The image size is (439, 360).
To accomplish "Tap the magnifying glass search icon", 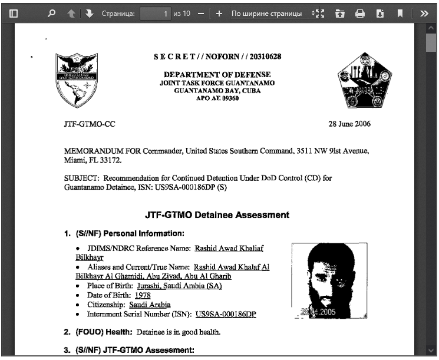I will (51, 13).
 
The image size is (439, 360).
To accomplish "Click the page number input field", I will (156, 13).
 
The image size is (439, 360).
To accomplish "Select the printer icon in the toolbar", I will (359, 13).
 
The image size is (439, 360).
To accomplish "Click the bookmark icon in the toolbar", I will (400, 13).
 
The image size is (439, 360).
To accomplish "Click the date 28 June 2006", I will (349, 124).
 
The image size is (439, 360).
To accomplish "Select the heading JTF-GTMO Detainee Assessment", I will (217, 215).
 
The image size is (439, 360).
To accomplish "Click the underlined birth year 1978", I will (143, 295).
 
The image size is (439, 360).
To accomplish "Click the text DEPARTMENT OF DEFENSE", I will (217, 75).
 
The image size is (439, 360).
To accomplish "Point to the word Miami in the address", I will (75, 160).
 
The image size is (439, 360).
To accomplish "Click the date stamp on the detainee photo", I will (319, 312).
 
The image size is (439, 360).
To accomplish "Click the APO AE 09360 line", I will (217, 99).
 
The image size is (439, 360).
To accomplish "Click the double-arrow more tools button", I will (424, 13).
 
